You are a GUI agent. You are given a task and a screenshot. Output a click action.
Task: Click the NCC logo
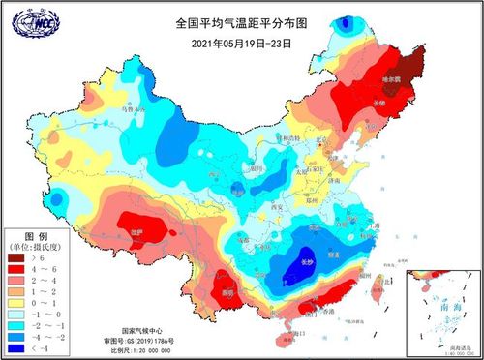(28, 20)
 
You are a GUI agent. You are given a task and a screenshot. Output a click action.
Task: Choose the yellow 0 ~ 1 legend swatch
(16, 301)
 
